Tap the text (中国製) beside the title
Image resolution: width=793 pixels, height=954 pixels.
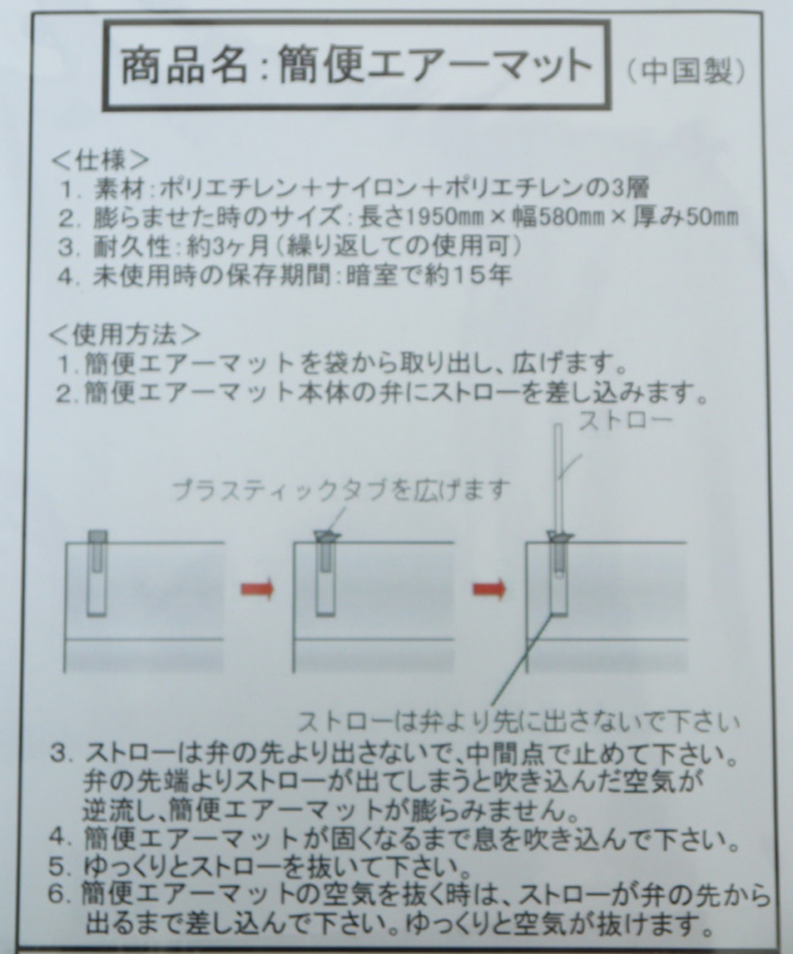686,71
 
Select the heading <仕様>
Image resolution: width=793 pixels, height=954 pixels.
100,160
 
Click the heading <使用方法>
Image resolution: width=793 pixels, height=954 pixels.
125,335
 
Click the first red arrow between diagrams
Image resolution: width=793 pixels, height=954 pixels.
257,589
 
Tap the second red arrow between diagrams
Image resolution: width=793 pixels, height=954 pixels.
489,589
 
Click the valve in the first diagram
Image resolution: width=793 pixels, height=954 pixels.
97,573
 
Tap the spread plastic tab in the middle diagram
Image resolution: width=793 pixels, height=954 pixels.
327,535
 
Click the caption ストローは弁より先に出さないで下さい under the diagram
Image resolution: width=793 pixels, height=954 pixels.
519,722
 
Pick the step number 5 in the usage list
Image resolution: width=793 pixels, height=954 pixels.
58,867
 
